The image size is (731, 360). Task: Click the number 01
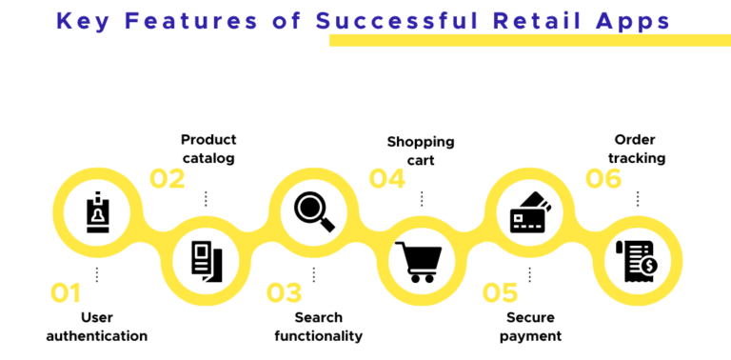[x=65, y=292]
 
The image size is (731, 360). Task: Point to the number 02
[x=168, y=178]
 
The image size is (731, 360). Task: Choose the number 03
[x=283, y=292]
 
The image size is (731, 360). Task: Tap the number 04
[x=386, y=178]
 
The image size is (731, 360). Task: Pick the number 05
[x=500, y=292]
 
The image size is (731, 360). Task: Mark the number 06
[x=603, y=178]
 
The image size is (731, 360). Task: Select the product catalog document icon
[x=206, y=260]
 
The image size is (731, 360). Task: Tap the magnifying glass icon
[x=313, y=211]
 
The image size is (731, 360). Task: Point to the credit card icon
[x=530, y=213]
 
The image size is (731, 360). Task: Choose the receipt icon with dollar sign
[x=637, y=260]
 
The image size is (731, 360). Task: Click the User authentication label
[x=96, y=326]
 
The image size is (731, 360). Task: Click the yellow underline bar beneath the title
[x=529, y=40]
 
